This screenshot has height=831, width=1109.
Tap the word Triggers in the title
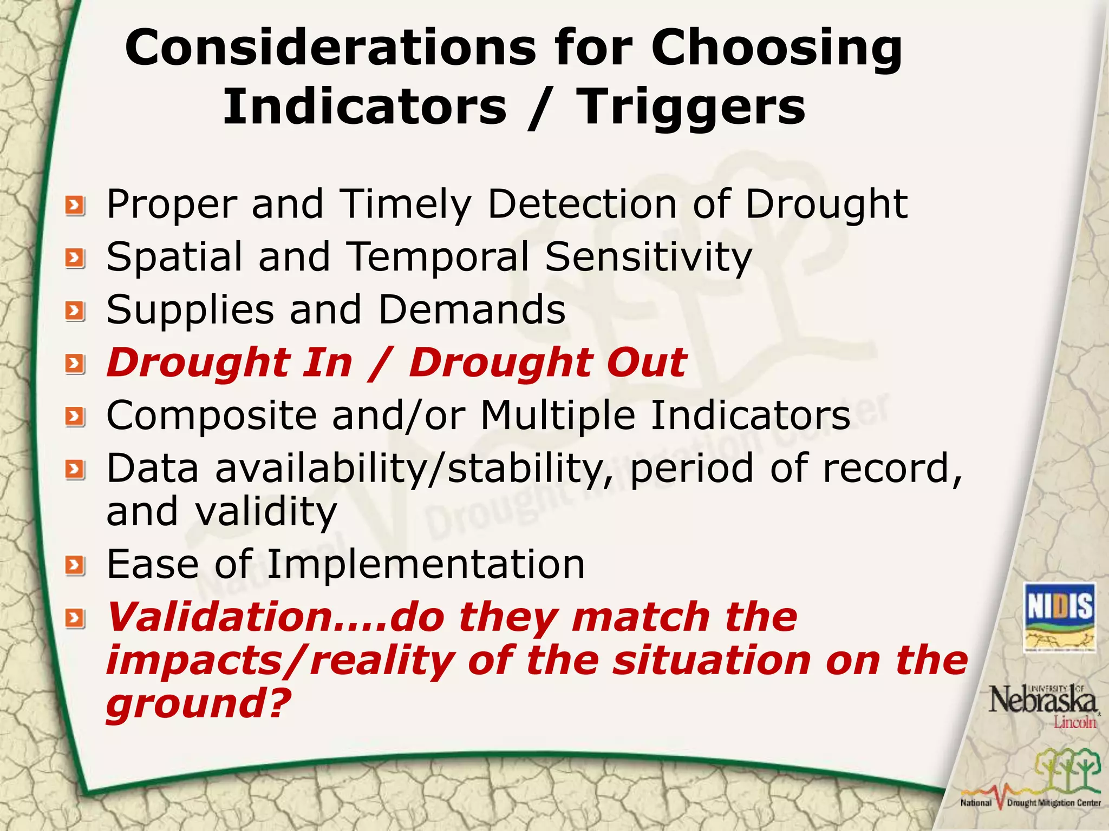click(x=690, y=107)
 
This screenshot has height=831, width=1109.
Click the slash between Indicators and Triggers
click(x=541, y=108)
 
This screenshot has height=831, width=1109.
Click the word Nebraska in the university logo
click(x=1042, y=701)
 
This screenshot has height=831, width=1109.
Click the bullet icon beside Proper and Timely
click(x=75, y=206)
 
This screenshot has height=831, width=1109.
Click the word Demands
click(x=472, y=309)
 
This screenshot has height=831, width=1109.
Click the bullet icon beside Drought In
click(x=75, y=364)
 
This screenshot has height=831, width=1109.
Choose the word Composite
click(x=211, y=415)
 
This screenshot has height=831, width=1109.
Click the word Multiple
click(x=558, y=415)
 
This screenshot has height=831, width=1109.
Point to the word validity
click(x=266, y=512)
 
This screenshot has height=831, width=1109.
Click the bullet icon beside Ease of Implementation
click(x=75, y=566)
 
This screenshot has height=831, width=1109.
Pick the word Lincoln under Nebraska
click(x=1074, y=722)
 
